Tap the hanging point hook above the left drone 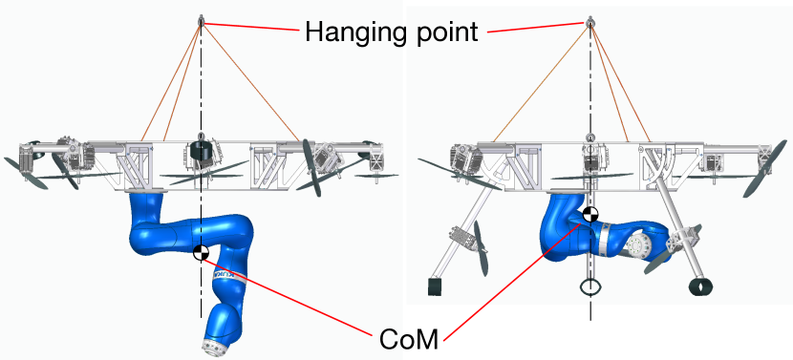[x=201, y=21]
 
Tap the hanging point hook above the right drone [x=590, y=21]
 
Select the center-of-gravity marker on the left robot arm [x=201, y=252]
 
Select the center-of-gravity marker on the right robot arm [x=590, y=215]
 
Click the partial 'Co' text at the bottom [x=390, y=339]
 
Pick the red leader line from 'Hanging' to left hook [x=253, y=29]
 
